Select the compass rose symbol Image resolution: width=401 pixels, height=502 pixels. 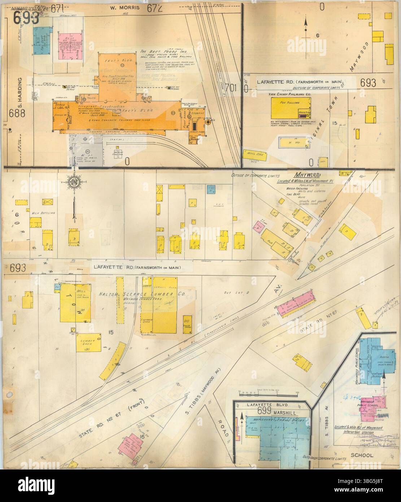(74, 179)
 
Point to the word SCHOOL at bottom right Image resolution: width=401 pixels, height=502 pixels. (363, 455)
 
